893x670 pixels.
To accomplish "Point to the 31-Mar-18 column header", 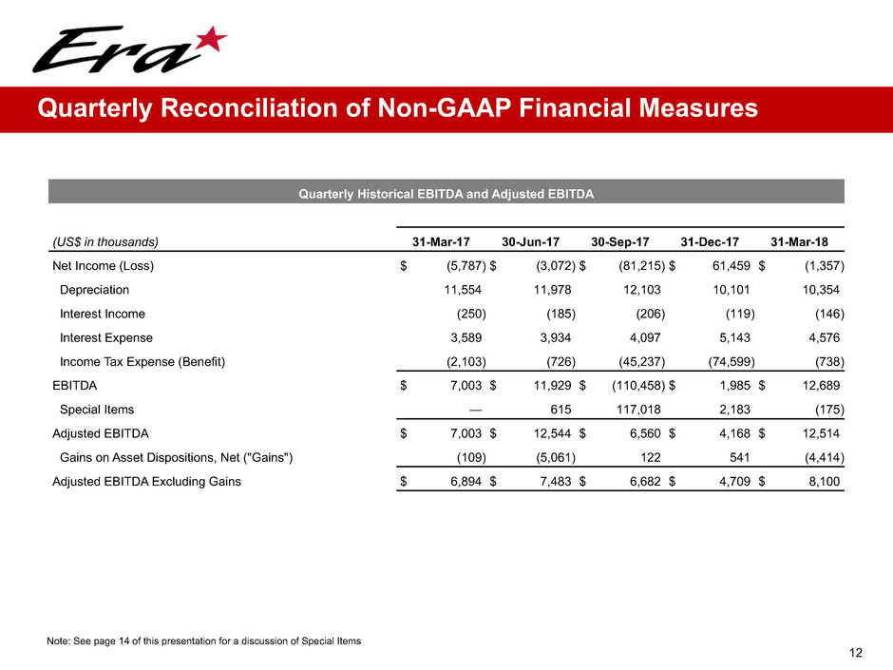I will pos(807,240).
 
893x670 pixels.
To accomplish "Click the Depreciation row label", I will pos(94,289).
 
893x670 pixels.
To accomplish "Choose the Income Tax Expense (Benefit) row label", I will pos(142,361).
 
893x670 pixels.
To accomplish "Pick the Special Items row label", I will pos(97,410).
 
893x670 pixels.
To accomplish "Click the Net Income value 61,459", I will pos(731,265).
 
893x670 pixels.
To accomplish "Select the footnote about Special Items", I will pos(203,641).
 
